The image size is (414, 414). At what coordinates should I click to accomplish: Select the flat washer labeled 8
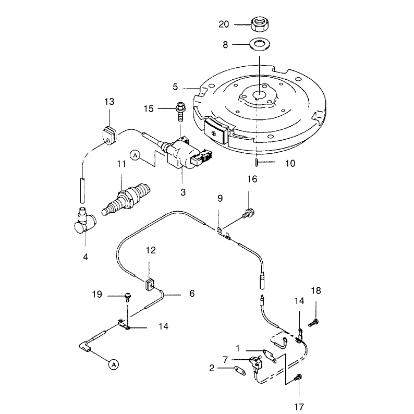pyautogui.click(x=260, y=44)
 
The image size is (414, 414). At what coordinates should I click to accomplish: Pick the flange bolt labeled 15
pyautogui.click(x=180, y=111)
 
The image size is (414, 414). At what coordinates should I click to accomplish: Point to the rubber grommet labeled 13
pyautogui.click(x=109, y=137)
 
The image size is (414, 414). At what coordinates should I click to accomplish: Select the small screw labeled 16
pyautogui.click(x=249, y=213)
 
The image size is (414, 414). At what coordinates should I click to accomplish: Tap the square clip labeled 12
pyautogui.click(x=150, y=285)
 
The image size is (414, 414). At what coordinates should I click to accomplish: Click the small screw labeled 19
pyautogui.click(x=128, y=297)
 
